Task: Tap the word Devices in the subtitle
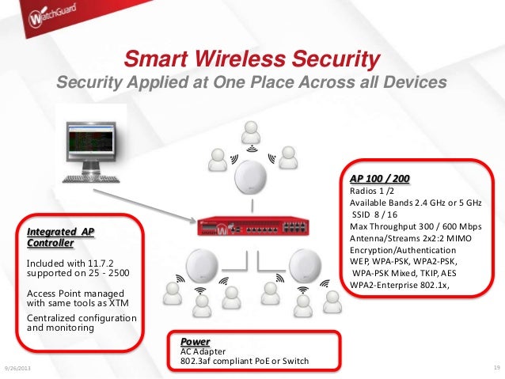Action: click(412, 82)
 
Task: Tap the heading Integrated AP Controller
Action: click(60, 237)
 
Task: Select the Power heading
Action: click(196, 341)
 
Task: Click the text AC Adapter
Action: click(205, 351)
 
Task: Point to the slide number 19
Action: click(496, 368)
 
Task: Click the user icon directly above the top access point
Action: click(251, 131)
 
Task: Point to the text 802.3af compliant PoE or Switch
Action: click(245, 362)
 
